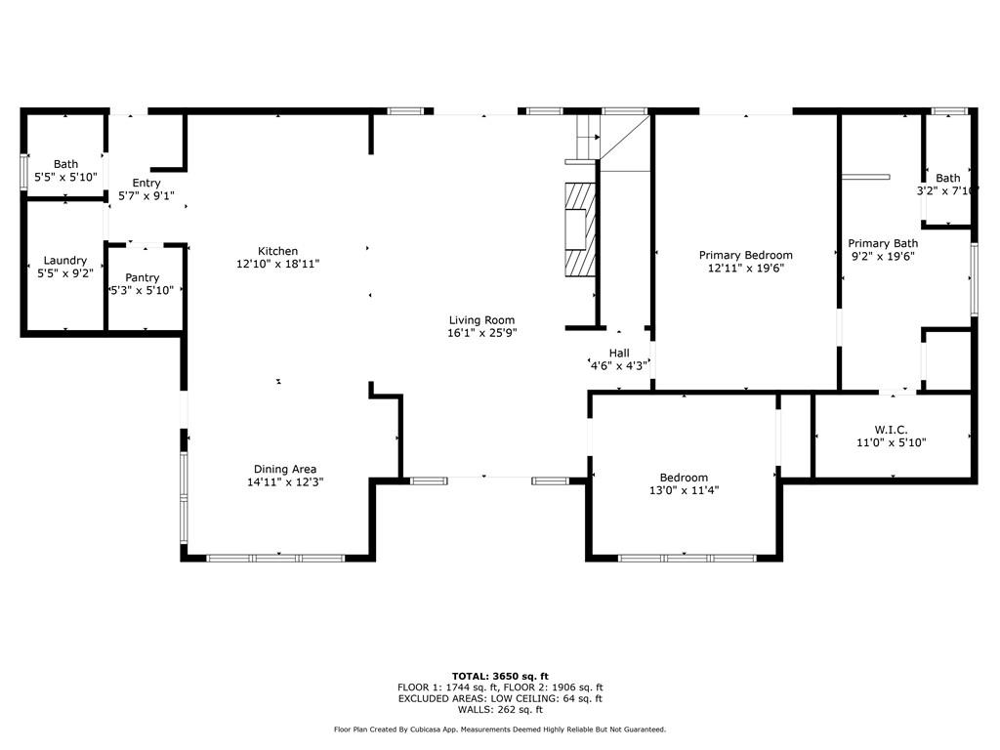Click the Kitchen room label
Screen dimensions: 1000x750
[x=277, y=251]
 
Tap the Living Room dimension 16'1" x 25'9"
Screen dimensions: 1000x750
[x=481, y=333]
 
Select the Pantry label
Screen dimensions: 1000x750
[x=142, y=278]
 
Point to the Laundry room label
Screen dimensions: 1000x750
[x=65, y=260]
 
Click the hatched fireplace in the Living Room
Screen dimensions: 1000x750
[x=580, y=229]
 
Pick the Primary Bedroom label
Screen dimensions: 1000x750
[x=745, y=255]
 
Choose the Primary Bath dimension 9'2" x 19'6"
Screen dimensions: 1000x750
[x=883, y=257]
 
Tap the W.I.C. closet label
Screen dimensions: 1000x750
[x=891, y=430]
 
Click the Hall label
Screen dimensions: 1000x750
[x=618, y=353]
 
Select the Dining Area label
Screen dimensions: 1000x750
[x=285, y=470]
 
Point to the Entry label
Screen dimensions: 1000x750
[x=146, y=183]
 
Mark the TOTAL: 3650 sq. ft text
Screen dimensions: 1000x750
[x=500, y=676]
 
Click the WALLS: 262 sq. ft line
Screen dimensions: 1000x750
[x=500, y=709]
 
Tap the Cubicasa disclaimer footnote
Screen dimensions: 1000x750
[x=500, y=729]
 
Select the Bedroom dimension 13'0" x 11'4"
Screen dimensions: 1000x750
[x=684, y=490]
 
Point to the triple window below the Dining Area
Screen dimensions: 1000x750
[x=276, y=558]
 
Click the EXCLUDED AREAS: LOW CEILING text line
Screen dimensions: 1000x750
[x=500, y=698]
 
